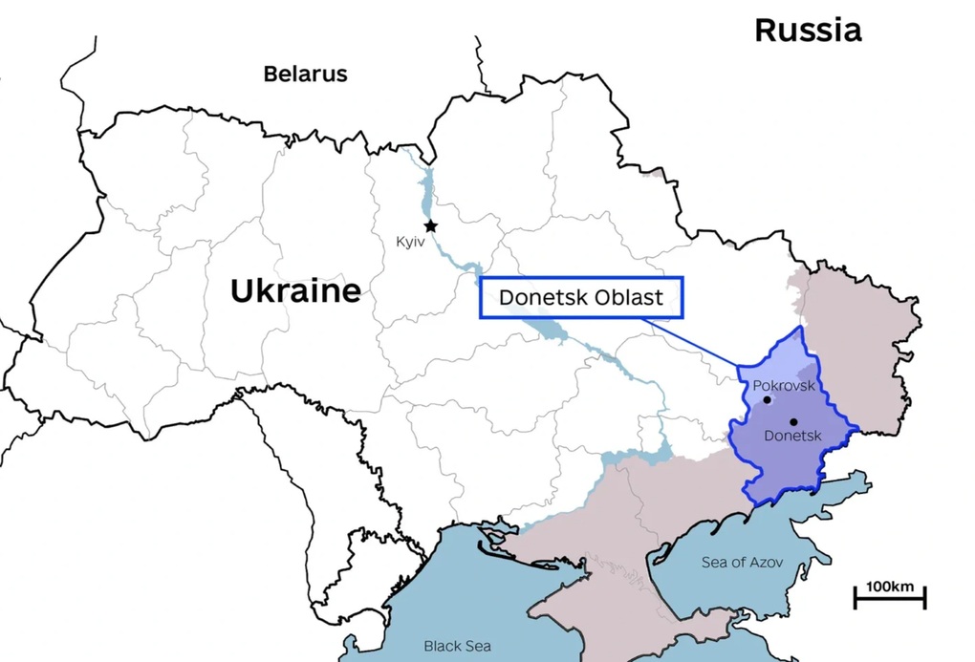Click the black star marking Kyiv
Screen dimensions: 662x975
431,226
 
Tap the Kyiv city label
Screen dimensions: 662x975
410,243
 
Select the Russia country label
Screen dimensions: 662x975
808,30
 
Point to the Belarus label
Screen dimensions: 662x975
305,74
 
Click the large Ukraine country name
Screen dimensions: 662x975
295,290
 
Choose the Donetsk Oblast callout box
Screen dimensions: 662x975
581,298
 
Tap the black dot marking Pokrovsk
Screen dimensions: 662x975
768,400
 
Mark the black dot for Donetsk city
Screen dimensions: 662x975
793,421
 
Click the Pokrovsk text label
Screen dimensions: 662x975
784,386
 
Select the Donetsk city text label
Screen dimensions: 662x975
793,436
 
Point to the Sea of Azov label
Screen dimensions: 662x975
742,563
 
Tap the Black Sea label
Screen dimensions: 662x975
457,647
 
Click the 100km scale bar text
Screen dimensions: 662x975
889,586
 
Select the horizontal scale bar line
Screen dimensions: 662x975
889,601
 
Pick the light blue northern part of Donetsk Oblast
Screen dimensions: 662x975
774,363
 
